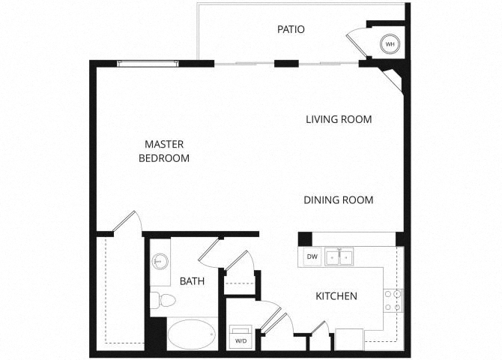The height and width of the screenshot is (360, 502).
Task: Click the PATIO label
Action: point(291,29)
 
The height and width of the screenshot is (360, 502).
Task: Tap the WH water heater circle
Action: point(390,44)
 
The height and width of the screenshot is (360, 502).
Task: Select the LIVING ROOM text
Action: point(339,119)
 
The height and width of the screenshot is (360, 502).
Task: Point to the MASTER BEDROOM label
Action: point(164,151)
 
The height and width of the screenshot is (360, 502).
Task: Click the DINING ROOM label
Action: point(339,200)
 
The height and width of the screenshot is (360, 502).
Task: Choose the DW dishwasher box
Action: point(312,256)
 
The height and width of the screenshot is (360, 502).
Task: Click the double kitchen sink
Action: point(339,256)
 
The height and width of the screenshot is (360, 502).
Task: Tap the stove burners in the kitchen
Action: point(393,300)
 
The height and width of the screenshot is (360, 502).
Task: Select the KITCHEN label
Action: point(336,296)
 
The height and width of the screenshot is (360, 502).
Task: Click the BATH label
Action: point(192,281)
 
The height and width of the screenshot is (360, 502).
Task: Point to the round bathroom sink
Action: point(160,261)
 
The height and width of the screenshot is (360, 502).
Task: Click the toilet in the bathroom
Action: point(163,300)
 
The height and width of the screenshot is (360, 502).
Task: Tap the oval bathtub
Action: point(192,334)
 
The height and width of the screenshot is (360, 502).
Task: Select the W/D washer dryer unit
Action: point(241,337)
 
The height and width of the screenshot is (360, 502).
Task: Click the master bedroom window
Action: point(148,64)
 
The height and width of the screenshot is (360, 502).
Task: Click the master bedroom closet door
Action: point(126,221)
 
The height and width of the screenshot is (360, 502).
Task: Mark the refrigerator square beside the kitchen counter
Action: point(349,340)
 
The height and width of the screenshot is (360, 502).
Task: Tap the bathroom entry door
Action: point(209,250)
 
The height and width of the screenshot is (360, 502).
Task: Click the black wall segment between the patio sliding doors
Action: point(286,64)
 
